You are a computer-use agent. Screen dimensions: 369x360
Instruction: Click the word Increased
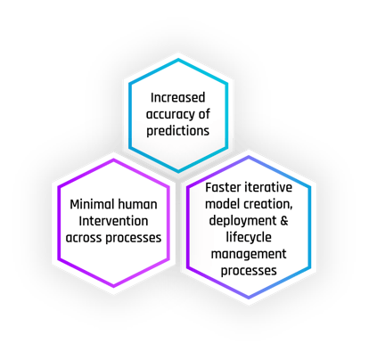point(177,97)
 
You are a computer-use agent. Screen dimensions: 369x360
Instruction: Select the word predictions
point(178,131)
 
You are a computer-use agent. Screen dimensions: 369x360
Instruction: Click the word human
point(137,204)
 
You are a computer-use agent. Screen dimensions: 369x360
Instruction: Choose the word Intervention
point(113,221)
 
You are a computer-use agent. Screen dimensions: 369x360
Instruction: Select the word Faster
point(223,187)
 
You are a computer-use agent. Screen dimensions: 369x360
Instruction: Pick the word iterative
point(268,187)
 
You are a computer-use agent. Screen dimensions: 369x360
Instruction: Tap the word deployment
point(242,221)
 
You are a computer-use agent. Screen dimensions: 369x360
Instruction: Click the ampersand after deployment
point(284,221)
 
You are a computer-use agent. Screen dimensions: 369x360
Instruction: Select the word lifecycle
point(249,238)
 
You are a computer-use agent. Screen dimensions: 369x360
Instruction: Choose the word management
point(249,255)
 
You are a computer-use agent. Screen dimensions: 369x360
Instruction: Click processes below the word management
point(249,271)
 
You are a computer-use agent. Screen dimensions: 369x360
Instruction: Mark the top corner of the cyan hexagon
point(178,60)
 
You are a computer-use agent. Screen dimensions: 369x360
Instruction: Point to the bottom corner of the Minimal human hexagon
point(114,286)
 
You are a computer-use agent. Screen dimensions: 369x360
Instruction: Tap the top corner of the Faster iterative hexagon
point(249,157)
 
